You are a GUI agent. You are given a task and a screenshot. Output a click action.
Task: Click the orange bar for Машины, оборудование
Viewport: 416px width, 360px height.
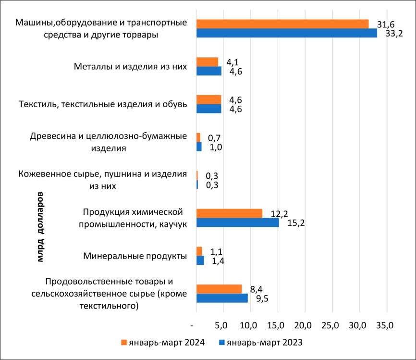point(282,24)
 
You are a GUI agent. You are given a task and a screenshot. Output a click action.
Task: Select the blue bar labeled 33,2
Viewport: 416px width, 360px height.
point(286,33)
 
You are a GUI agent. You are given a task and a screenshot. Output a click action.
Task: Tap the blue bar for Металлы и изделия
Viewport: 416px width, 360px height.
point(209,71)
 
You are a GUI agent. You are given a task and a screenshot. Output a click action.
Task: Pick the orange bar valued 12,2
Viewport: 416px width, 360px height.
point(229,213)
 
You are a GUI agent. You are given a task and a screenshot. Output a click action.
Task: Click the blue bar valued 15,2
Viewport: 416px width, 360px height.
point(237,223)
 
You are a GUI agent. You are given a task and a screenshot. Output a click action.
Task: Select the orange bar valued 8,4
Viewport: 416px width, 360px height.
point(219,288)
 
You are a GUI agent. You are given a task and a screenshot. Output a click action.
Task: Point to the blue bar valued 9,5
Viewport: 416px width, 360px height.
point(222,298)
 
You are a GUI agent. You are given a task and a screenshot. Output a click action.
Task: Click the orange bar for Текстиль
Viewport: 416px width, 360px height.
point(208,99)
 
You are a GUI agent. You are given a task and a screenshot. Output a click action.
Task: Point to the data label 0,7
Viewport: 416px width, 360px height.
point(214,138)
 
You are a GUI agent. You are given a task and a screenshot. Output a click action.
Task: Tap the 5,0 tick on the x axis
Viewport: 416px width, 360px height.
point(221,325)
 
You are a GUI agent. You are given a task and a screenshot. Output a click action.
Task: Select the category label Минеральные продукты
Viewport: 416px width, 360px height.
point(135,256)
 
